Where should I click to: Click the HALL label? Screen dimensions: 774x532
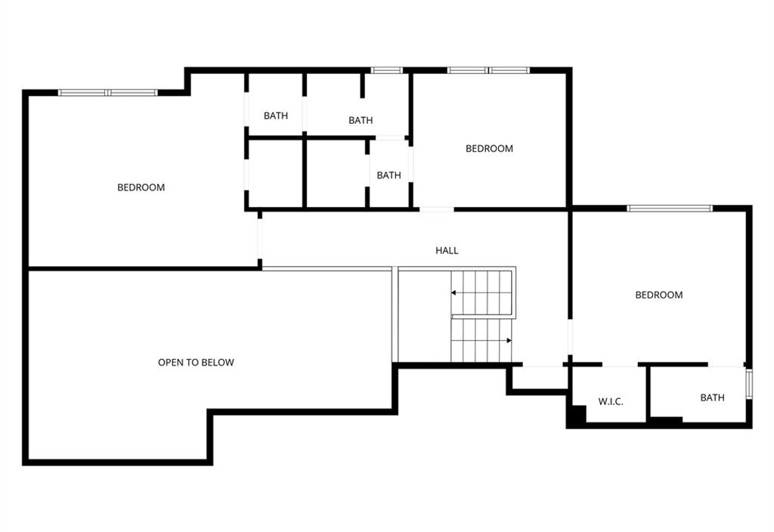[447, 251]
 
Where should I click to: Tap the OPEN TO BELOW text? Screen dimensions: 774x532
[196, 362]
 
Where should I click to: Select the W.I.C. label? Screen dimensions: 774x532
[611, 402]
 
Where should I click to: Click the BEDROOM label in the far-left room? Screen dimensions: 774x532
[141, 187]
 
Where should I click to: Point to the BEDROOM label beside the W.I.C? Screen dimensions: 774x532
[659, 295]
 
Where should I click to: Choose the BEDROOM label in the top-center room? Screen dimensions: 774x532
[489, 149]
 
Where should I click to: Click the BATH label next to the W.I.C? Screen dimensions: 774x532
[712, 397]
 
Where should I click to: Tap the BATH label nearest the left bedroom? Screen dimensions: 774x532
[275, 116]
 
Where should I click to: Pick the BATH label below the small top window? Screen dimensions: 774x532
[361, 120]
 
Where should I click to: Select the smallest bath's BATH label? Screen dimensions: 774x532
[389, 175]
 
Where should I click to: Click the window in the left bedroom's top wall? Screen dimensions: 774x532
[107, 92]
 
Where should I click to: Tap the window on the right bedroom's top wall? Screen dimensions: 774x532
[670, 209]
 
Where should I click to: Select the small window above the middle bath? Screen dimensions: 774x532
[386, 70]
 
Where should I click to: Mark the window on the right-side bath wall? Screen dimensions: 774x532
[749, 383]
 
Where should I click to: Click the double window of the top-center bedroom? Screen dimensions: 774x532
[489, 70]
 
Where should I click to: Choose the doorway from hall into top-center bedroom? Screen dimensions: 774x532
[437, 210]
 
